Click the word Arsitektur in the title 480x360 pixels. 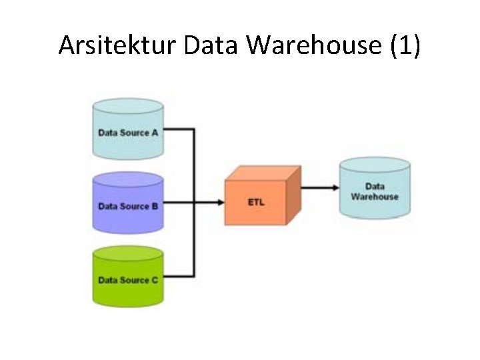tap(117, 45)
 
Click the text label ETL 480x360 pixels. tap(257, 202)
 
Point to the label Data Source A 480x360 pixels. tap(128, 133)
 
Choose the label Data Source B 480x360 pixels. tap(128, 206)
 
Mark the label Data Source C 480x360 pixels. tap(128, 280)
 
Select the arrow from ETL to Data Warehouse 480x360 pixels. tap(319, 187)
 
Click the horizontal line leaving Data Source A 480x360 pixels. tap(179, 129)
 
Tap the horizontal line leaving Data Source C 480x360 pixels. tap(179, 276)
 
